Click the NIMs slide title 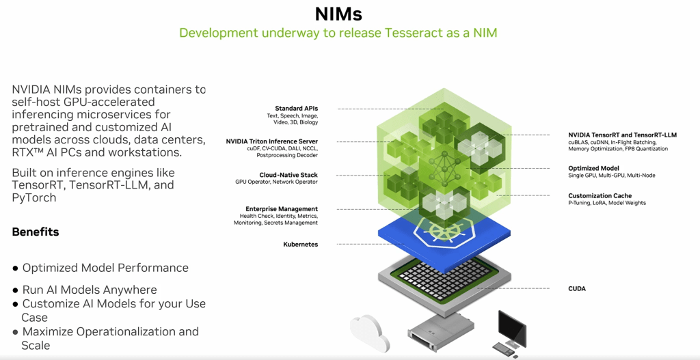click(x=338, y=14)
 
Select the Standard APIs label click(x=297, y=109)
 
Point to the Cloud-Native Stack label click(x=288, y=175)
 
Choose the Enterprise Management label click(x=282, y=208)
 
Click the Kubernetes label click(x=301, y=245)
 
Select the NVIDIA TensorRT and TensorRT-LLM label click(x=622, y=135)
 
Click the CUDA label click(x=577, y=289)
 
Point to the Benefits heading click(x=36, y=232)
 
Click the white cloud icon click(x=370, y=333)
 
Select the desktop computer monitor click(x=511, y=327)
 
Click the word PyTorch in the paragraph click(x=34, y=197)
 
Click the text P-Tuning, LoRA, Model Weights click(x=607, y=203)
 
